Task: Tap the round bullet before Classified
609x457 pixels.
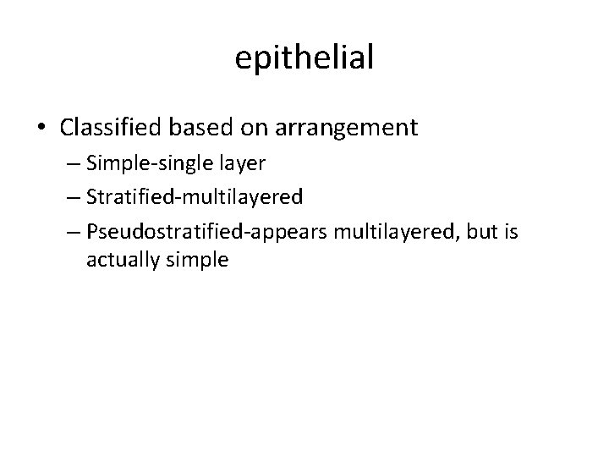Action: point(42,129)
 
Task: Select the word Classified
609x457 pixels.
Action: point(112,128)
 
